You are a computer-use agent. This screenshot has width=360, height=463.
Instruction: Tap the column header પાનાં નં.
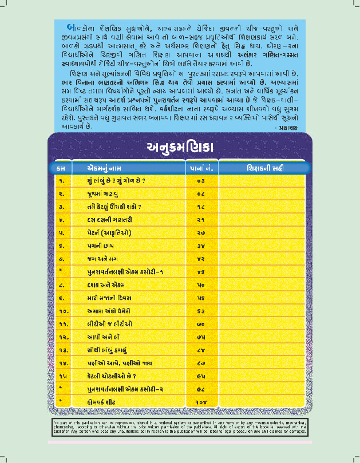click(x=200, y=168)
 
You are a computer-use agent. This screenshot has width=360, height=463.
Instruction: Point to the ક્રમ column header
click(x=61, y=168)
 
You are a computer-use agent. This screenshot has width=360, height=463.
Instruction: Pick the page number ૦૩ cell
click(x=200, y=181)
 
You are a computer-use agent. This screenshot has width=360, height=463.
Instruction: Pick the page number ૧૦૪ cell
click(x=200, y=400)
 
